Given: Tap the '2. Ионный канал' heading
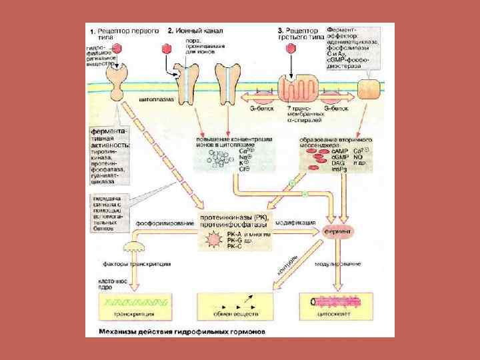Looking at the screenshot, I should pyautogui.click(x=195, y=31).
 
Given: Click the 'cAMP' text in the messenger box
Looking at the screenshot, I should pyautogui.click(x=339, y=151).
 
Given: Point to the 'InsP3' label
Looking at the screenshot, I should pyautogui.click(x=339, y=169).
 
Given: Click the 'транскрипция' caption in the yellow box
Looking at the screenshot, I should pyautogui.click(x=133, y=313).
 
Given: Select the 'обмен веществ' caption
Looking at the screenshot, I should pyautogui.click(x=234, y=313).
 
